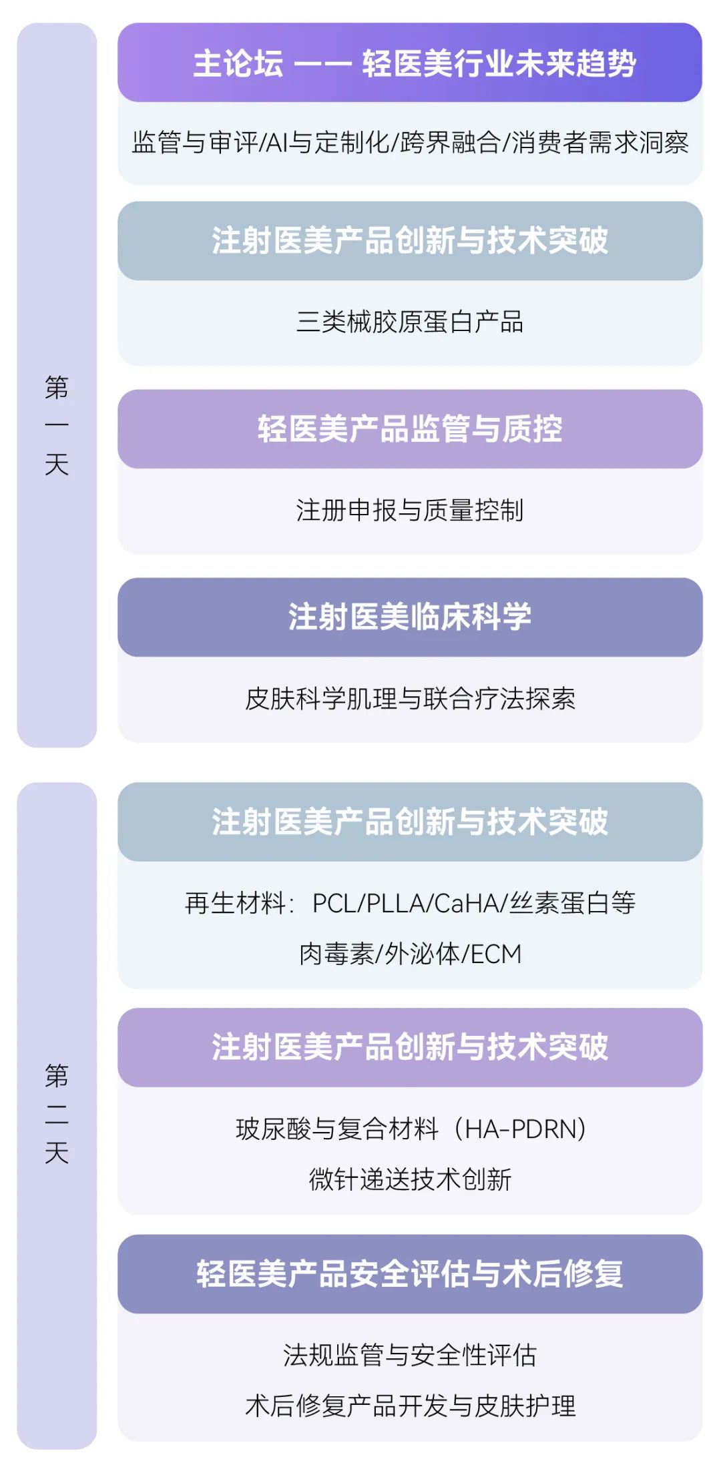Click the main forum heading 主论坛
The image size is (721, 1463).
(x=238, y=64)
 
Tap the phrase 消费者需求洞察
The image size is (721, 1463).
(x=600, y=143)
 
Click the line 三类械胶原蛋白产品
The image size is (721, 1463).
(x=410, y=322)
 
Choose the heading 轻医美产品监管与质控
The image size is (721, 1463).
(x=410, y=429)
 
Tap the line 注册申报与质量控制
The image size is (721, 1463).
(x=410, y=511)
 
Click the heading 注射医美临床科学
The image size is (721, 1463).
(x=410, y=617)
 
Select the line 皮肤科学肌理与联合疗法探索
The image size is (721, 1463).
(x=410, y=699)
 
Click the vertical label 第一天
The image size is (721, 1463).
(x=57, y=425)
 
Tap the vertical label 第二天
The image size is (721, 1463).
(x=57, y=1113)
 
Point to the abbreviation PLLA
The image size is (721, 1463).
(x=396, y=903)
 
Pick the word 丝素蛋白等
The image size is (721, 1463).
(x=573, y=903)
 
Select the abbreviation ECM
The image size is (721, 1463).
(x=496, y=954)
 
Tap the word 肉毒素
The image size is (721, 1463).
(x=336, y=954)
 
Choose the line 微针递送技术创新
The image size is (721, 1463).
(x=410, y=1179)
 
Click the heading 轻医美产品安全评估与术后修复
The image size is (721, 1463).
(x=410, y=1273)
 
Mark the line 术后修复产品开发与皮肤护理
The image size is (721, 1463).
(x=410, y=1406)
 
